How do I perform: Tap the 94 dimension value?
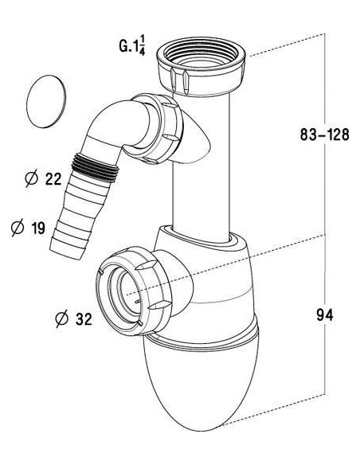coord(323,315)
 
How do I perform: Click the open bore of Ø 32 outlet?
coord(131,291)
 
